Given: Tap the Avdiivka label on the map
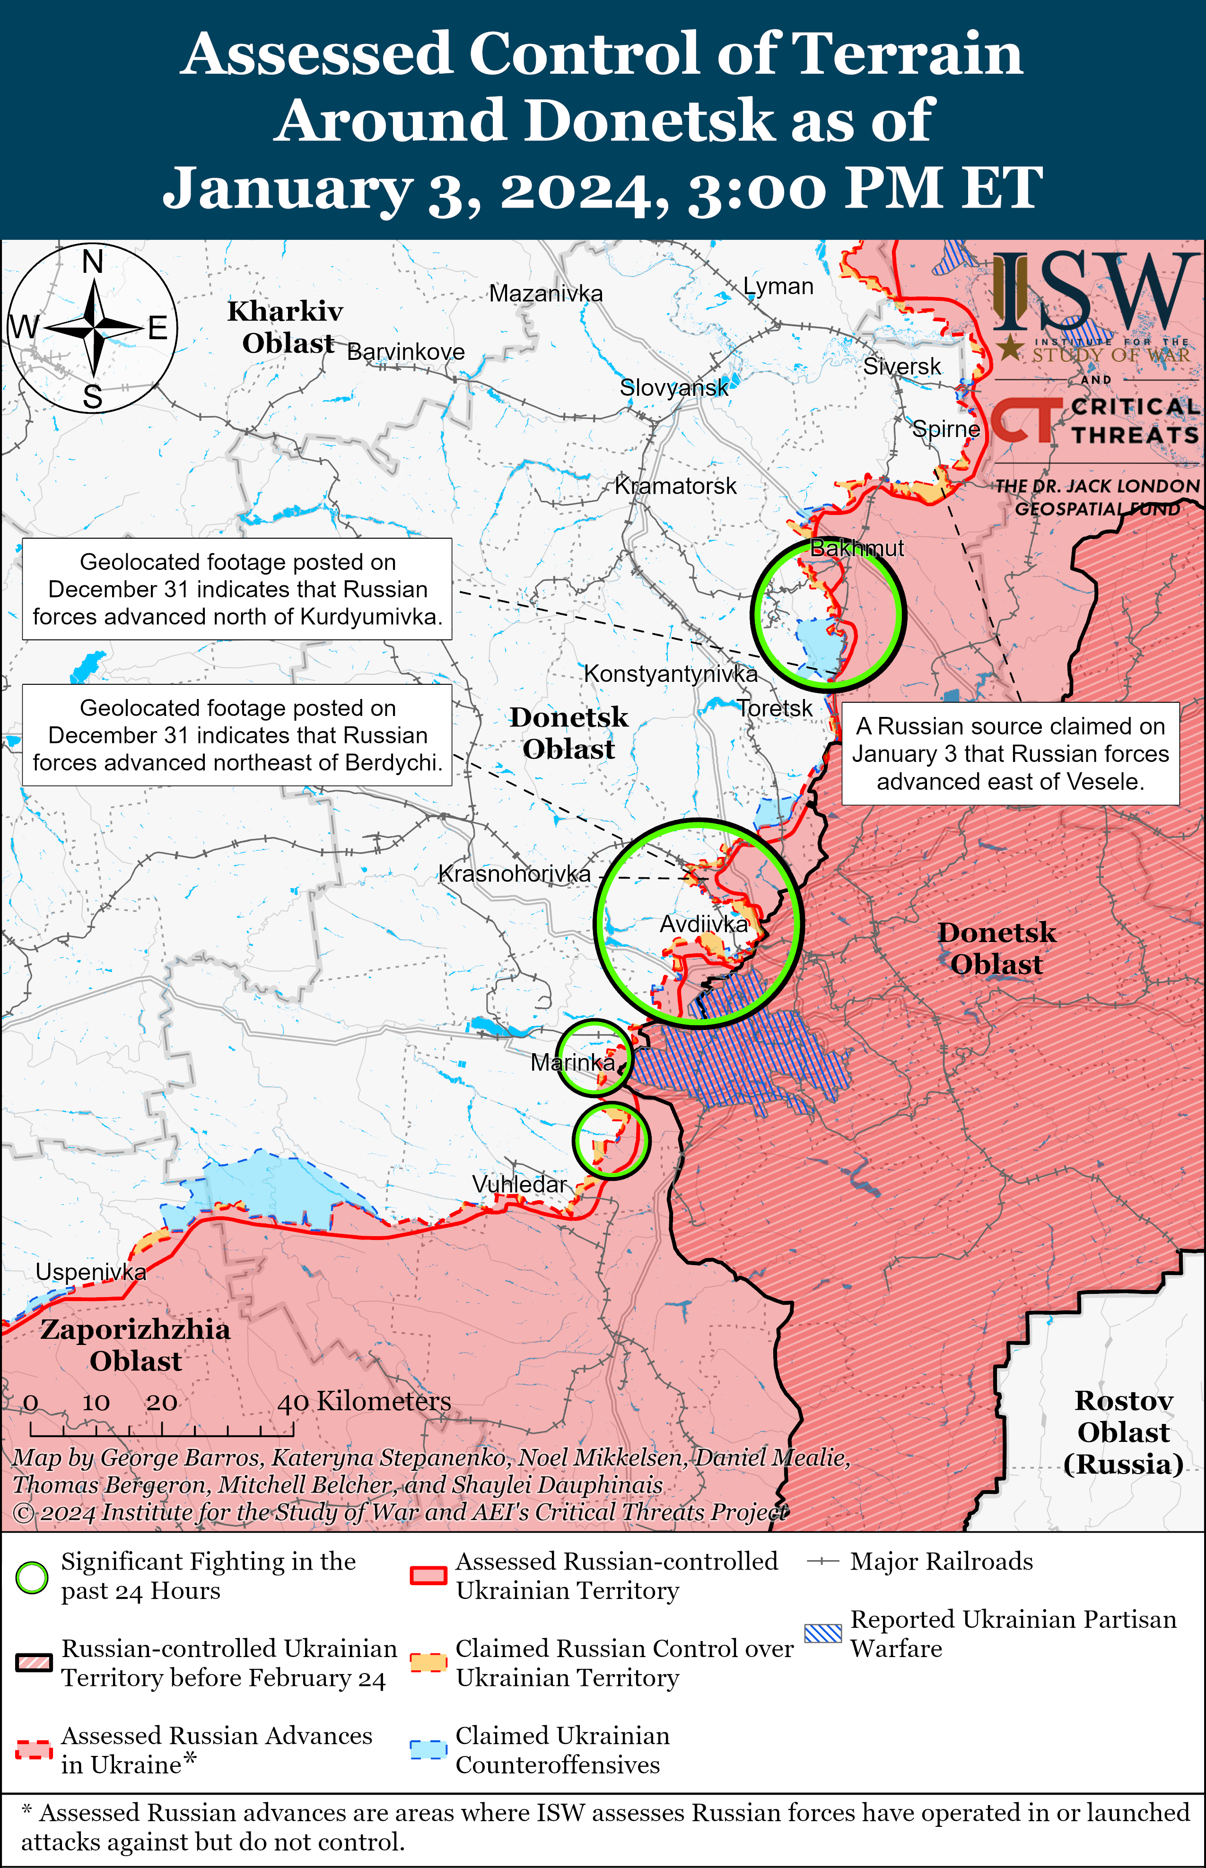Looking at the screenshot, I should (x=704, y=925).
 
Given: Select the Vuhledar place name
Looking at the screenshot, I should (x=519, y=1185).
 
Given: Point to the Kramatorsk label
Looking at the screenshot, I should (x=675, y=486).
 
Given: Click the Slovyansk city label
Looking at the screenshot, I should (x=673, y=387).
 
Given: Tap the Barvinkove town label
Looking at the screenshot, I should (x=406, y=352).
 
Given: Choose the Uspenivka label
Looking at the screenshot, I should (x=91, y=1272).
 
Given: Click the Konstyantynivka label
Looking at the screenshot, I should (x=670, y=674).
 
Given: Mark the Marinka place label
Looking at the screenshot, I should (x=572, y=1063).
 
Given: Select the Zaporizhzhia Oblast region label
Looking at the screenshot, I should (x=135, y=1345).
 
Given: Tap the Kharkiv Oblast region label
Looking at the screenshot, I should (x=286, y=327).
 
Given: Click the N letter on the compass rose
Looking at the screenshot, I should (x=93, y=262).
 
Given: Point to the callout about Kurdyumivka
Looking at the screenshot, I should (x=237, y=590).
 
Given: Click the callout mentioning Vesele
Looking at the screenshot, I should (x=1010, y=754).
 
